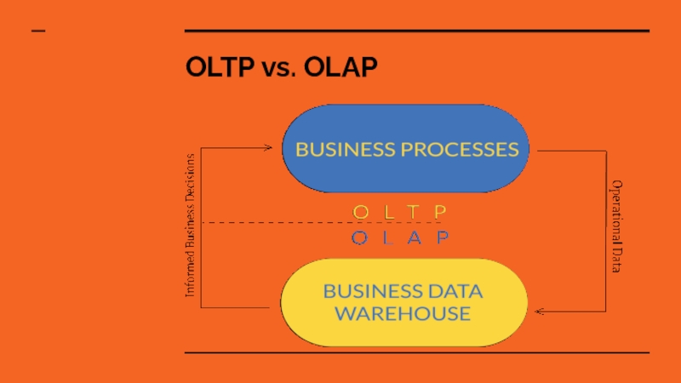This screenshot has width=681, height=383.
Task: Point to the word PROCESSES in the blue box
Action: [x=461, y=150]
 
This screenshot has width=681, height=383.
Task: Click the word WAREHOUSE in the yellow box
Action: [x=403, y=313]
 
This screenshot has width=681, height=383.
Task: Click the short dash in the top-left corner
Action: [x=39, y=31]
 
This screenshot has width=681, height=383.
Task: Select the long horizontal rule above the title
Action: [x=417, y=31]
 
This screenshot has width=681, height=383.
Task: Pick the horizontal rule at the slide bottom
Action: [x=417, y=352]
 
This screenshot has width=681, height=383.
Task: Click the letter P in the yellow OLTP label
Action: [x=440, y=210]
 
